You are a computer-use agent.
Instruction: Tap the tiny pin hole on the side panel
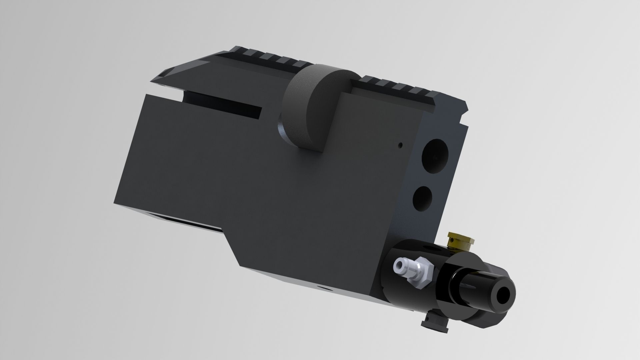click(x=401, y=145)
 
